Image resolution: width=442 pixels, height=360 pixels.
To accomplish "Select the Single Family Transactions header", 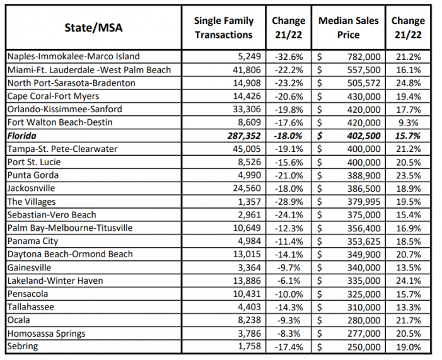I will (223, 28).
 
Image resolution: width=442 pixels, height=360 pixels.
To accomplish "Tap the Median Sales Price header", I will (348, 28).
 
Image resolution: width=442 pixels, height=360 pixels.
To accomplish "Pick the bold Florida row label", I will (23, 136).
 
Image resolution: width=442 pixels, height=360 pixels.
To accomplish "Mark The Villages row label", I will (32, 202).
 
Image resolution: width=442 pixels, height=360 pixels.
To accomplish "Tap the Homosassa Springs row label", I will (46, 334).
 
